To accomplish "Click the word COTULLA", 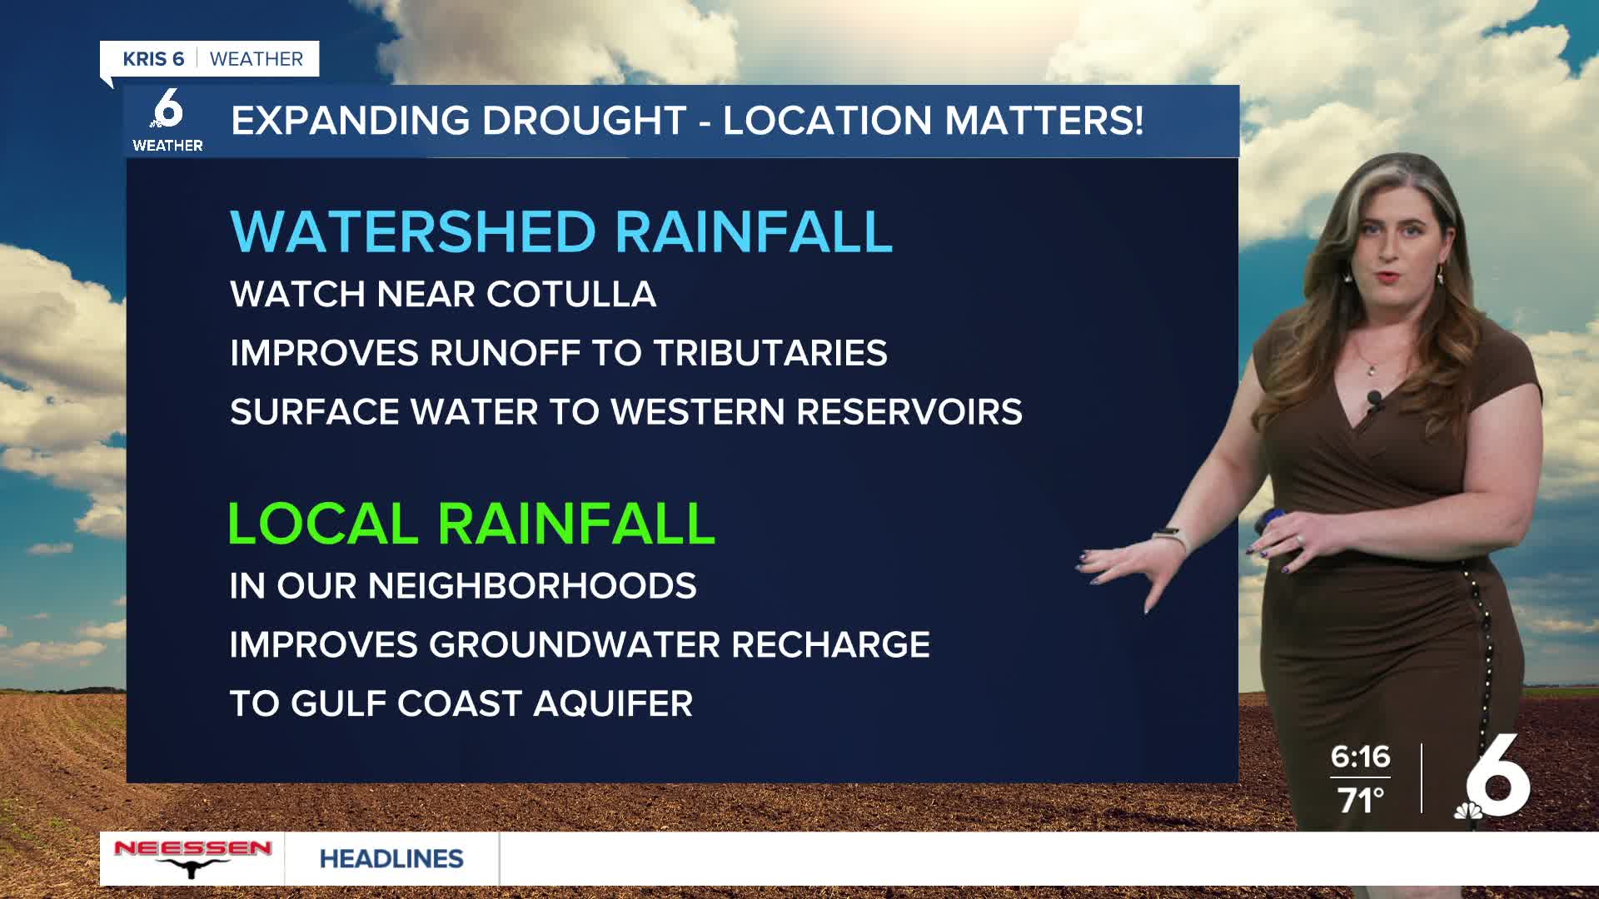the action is coord(571,295).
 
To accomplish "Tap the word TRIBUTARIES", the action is coord(770,353).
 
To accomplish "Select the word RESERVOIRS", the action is coord(909,412).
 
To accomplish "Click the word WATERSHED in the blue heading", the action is coord(413,231).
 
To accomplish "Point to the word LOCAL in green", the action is coord(323,524).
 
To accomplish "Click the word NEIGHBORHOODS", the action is coord(532,586).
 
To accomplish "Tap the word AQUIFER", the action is coord(613,704).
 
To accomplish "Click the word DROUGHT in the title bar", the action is coord(585,121).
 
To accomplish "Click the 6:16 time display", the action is coord(1360,757).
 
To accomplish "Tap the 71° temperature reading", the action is coord(1361,801).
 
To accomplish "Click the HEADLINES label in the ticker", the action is coord(391,859).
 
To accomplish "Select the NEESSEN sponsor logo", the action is coord(192,858).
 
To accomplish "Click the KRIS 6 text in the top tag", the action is coord(153,59).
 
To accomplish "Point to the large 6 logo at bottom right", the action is coord(1496,777).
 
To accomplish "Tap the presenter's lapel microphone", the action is coord(1374,401).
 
